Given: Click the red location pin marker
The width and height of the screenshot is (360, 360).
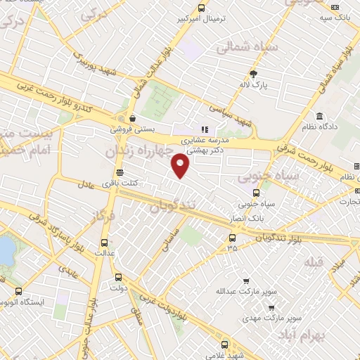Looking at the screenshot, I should coord(181,165).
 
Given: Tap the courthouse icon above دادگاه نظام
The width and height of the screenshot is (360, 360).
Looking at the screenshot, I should coord(320,116).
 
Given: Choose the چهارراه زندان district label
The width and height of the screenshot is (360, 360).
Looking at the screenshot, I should coord(139,150).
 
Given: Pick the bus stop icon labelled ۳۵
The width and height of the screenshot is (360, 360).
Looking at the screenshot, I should coord(233,237).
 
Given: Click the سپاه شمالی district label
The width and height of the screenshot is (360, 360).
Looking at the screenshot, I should coord(247,48).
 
